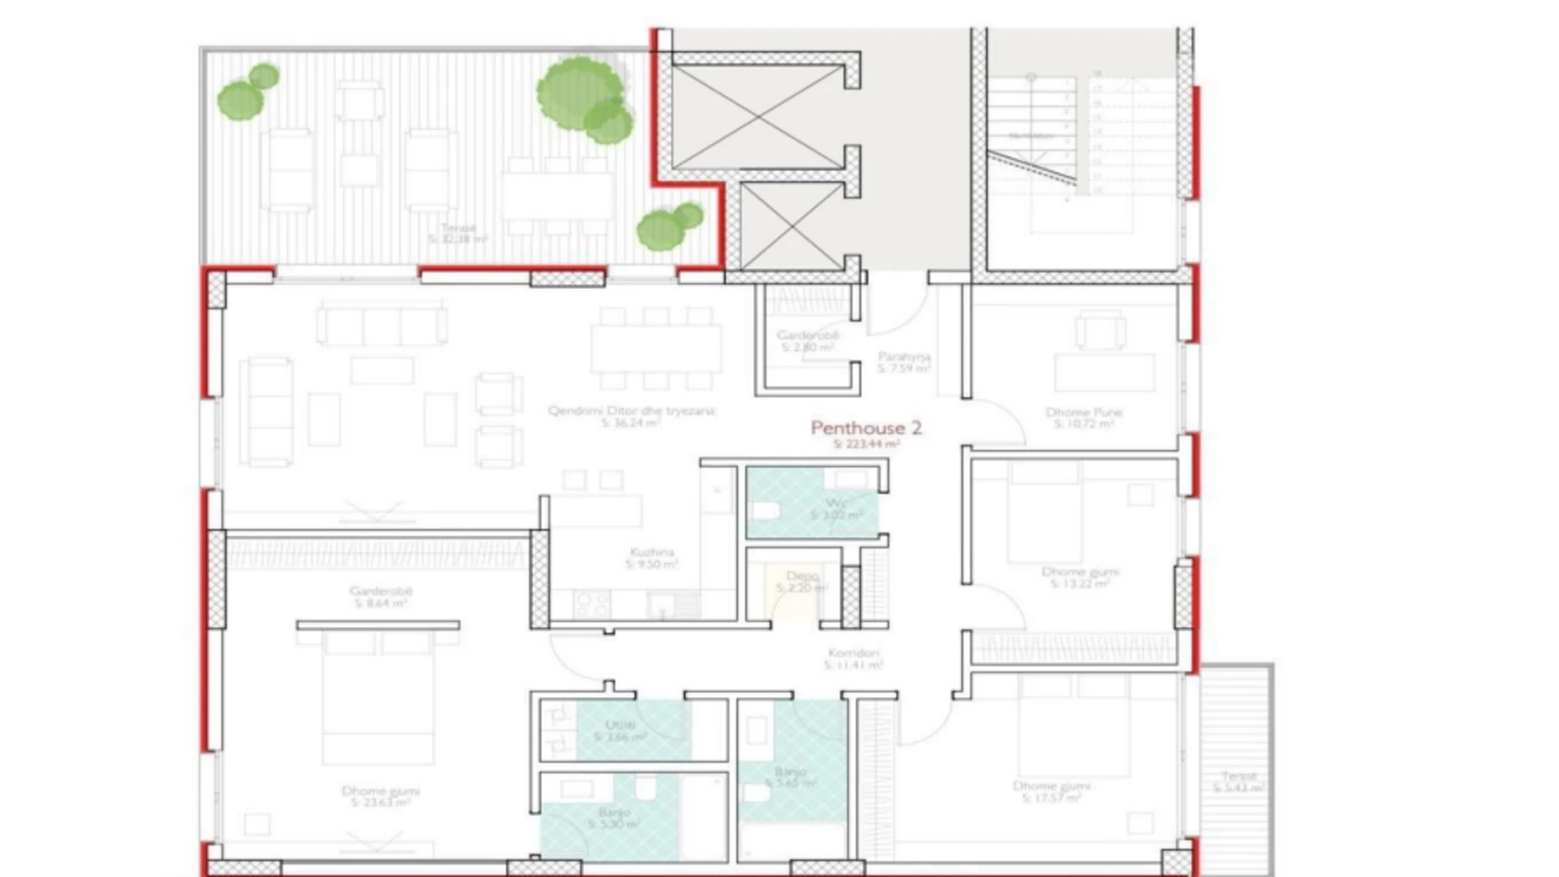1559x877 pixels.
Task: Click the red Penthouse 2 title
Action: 866,428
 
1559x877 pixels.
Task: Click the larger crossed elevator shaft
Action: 758,117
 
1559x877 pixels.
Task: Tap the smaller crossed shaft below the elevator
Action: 792,227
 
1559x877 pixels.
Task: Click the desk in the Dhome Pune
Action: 1103,373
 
